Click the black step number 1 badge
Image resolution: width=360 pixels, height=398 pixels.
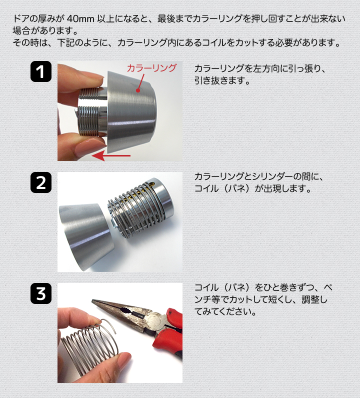tap(41, 71)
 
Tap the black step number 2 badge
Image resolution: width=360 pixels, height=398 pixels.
tap(41, 182)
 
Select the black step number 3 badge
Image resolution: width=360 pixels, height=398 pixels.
tap(41, 293)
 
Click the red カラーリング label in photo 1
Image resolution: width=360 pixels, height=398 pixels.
tap(151, 68)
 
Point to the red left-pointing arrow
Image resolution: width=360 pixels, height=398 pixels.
tap(111, 156)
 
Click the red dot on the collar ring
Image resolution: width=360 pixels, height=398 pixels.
tap(138, 90)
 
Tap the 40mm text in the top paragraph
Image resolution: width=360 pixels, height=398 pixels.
tap(80, 18)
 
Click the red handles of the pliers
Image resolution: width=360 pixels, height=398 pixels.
tap(169, 335)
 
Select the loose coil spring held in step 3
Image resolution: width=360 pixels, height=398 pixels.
tap(90, 340)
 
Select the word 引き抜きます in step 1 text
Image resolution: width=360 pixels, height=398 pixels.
tap(222, 80)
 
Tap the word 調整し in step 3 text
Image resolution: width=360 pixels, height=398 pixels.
tap(314, 299)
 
